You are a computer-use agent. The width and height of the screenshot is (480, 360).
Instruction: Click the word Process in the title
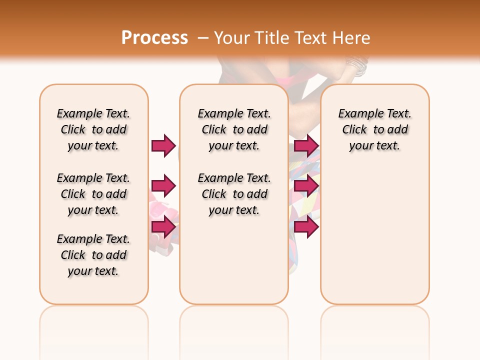click(x=154, y=38)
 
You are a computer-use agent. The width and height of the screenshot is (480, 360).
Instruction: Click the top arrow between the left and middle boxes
click(x=163, y=145)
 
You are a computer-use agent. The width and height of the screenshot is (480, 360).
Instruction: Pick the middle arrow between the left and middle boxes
click(x=163, y=186)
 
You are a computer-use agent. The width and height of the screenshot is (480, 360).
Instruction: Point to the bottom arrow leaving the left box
click(x=163, y=226)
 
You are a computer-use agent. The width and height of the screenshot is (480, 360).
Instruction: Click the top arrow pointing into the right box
click(x=306, y=145)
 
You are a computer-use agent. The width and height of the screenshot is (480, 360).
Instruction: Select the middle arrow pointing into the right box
click(x=306, y=186)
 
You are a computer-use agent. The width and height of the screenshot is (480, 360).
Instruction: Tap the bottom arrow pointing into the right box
click(x=306, y=226)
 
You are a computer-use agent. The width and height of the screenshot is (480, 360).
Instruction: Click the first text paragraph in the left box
click(x=93, y=129)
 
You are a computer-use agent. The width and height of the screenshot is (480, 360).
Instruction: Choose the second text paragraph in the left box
click(x=93, y=194)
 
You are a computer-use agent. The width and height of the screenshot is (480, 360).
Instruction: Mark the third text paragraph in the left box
click(x=93, y=255)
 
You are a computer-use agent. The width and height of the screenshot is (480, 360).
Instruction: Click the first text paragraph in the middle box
click(x=234, y=129)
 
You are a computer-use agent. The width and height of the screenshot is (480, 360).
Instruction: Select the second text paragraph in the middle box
click(x=234, y=194)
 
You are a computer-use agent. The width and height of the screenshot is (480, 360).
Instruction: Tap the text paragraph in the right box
click(x=374, y=129)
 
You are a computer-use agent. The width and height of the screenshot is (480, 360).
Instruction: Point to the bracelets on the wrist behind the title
click(x=357, y=65)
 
